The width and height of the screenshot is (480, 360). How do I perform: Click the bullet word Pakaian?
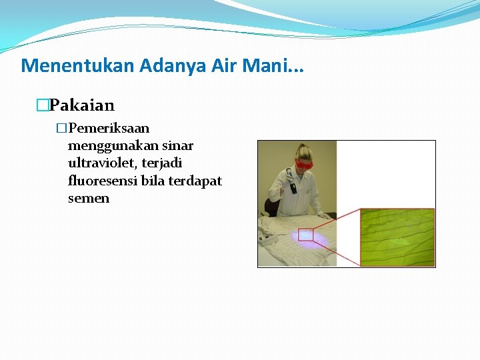pos(82,105)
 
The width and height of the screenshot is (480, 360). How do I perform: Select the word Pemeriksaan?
pos(109,128)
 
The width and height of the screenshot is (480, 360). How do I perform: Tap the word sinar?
pos(175,145)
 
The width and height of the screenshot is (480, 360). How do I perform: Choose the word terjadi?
pos(163,163)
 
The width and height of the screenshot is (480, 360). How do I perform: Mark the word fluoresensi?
pos(103,181)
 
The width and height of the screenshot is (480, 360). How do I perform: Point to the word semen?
pos(88,198)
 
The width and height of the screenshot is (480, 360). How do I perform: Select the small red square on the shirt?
pos(305,234)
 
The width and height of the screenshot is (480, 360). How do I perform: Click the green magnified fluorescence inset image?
pos(397,237)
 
